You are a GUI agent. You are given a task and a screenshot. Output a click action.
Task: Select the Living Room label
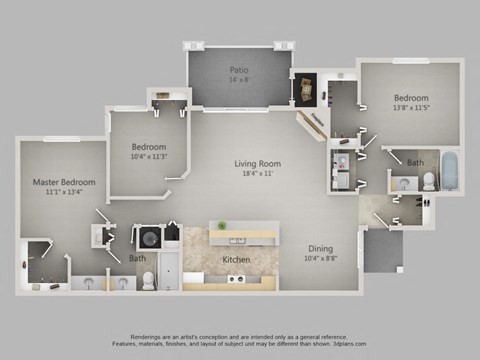point(257,163)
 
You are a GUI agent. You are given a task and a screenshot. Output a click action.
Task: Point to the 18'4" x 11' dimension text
point(257,174)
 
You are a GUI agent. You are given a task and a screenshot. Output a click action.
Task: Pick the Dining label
point(319,249)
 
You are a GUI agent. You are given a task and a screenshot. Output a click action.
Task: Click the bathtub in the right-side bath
point(450,171)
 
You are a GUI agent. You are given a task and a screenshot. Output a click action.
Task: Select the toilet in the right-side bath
point(427,181)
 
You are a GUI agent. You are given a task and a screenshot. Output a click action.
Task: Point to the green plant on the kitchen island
point(221,226)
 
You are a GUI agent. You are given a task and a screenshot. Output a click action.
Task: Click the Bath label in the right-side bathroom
point(414,161)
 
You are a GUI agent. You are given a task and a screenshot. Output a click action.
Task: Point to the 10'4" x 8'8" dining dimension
point(319,260)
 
